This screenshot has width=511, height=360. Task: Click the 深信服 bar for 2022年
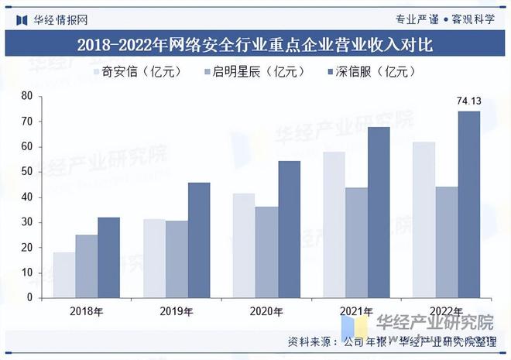click(x=468, y=204)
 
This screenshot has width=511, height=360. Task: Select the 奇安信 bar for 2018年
click(x=64, y=275)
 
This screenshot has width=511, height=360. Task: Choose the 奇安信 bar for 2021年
click(x=334, y=225)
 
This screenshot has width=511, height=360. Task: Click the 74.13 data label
click(x=468, y=101)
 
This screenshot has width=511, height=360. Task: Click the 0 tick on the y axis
click(x=29, y=297)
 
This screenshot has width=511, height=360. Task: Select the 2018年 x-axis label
click(x=87, y=311)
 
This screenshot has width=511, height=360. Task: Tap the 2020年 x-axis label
click(x=266, y=311)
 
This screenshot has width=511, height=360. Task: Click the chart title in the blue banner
click(x=255, y=45)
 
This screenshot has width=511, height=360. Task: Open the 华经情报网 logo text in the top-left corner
click(x=59, y=19)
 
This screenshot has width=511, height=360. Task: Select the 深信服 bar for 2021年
click(x=379, y=212)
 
